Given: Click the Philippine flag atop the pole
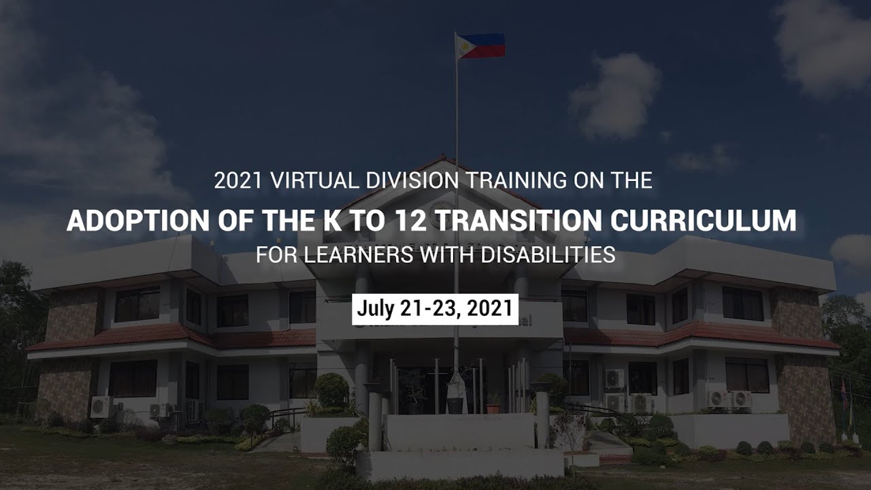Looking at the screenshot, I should pos(481,46).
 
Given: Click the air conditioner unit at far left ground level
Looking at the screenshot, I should pos(100,406).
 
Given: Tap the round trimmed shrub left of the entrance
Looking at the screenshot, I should pos(331,390).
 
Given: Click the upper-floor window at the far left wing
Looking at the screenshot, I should pos(137,304).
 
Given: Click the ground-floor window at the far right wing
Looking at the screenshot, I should pos(746,374).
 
